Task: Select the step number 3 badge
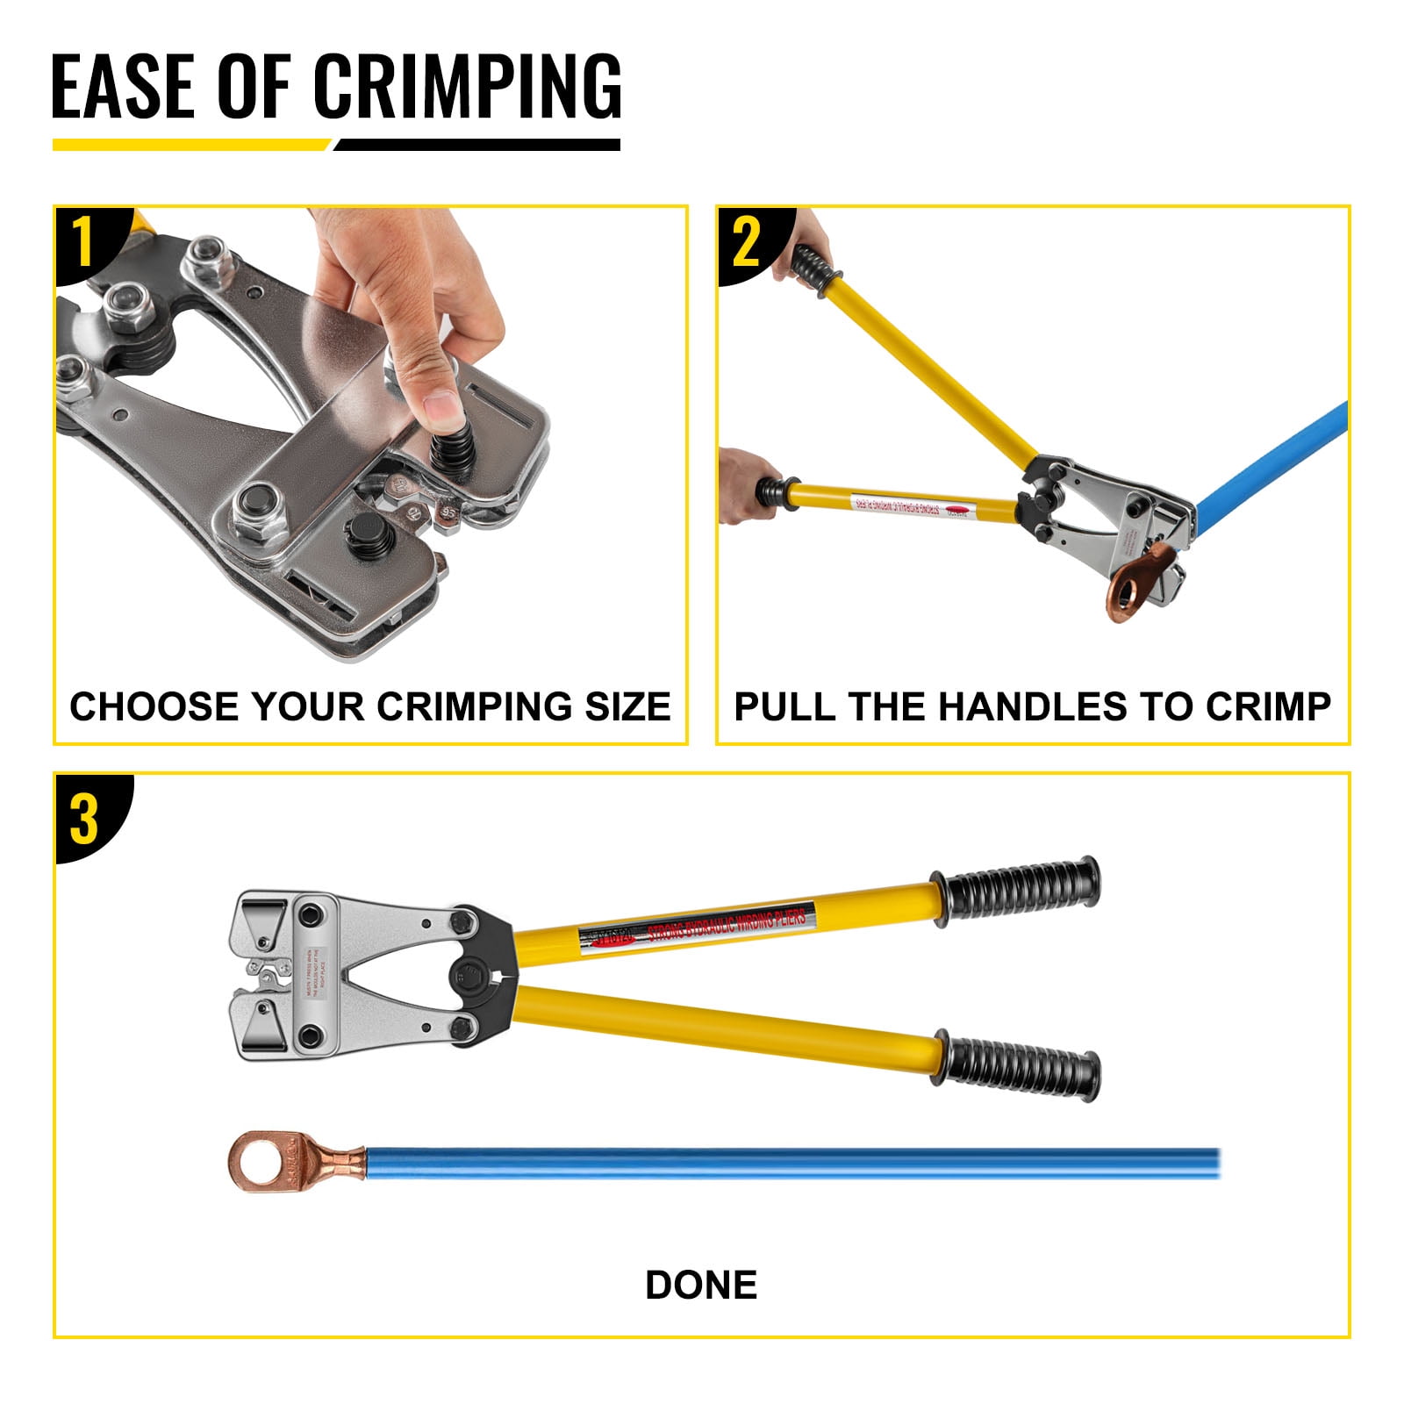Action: coord(84,819)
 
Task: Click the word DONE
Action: coord(700,1285)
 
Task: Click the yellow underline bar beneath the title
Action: coord(189,145)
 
